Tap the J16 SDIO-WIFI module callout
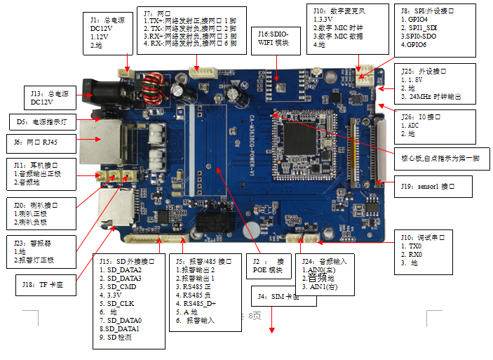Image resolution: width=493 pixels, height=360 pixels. click(x=276, y=39)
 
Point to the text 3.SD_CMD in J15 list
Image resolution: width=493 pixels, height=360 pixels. click(x=121, y=286)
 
